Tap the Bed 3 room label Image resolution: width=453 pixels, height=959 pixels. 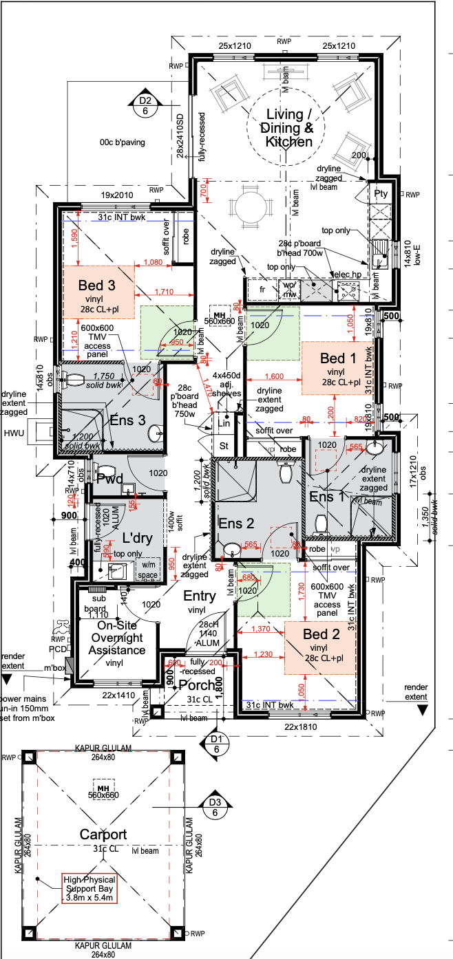point(96,285)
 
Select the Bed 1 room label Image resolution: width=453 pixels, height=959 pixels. point(338,358)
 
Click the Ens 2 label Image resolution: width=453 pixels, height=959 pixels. point(237,524)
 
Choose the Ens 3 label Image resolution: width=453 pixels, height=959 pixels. point(127,420)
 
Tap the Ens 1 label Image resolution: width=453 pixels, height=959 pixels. point(326,496)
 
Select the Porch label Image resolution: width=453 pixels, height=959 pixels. point(198,685)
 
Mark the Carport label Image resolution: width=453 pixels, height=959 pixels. point(103,835)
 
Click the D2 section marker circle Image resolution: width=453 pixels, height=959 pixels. point(145,104)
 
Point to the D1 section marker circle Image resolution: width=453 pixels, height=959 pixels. point(216,744)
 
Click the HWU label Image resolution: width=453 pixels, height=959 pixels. point(13,433)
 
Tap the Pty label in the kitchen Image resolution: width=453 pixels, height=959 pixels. point(381,194)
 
